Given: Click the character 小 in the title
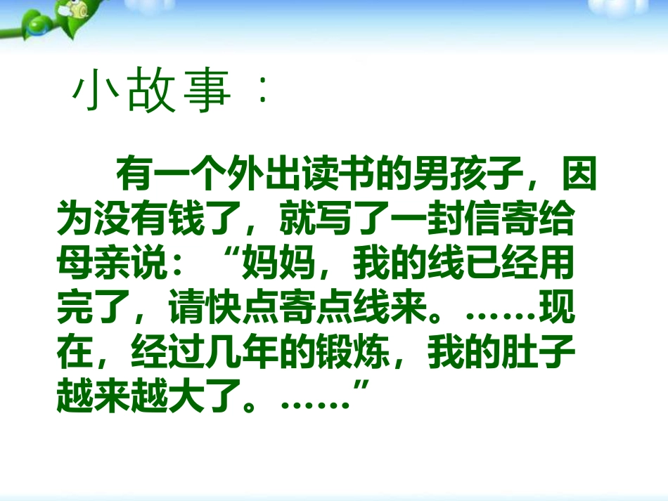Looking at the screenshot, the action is [x=95, y=91].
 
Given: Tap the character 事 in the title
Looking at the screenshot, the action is [x=207, y=91].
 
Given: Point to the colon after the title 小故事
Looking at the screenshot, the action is [x=262, y=91].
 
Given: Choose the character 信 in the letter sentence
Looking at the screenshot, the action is [x=484, y=219].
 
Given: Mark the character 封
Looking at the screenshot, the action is [x=447, y=219].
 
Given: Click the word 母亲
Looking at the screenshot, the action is [x=94, y=263].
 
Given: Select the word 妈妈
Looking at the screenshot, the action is [x=278, y=263].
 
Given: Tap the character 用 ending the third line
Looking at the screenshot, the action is [x=557, y=263].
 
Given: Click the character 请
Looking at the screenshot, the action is [x=186, y=307].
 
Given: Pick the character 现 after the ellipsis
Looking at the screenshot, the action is [x=557, y=307].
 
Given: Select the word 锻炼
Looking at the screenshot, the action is [x=354, y=353].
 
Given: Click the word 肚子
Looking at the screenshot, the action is [x=539, y=353].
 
